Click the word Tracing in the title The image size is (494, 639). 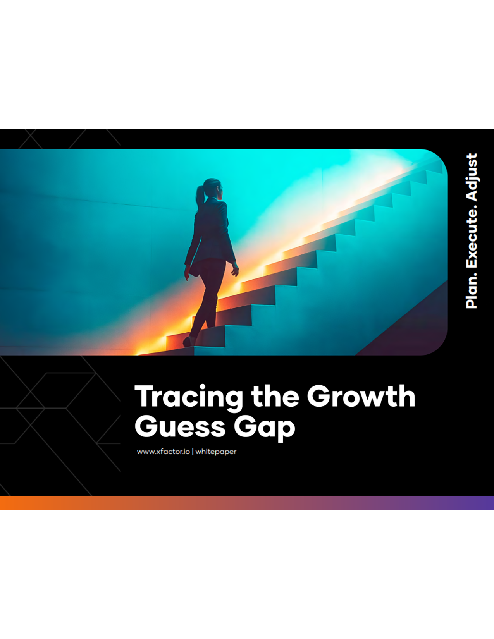coord(189,398)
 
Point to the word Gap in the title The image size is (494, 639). coord(265,429)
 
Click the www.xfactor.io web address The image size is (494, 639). coord(163,452)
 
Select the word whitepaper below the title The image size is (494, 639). coord(216,452)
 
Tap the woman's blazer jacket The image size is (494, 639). coord(210,231)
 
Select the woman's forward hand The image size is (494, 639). coord(235,270)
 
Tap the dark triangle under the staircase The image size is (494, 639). coord(412,326)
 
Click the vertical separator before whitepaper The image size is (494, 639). coord(193,452)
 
